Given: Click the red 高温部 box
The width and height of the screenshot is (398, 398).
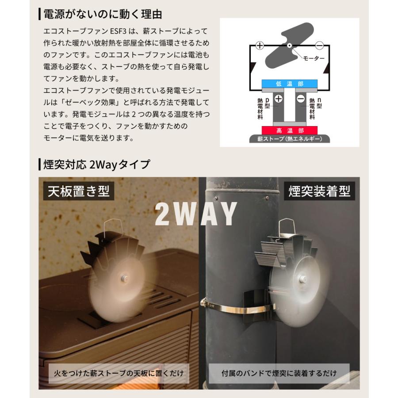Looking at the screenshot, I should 289,130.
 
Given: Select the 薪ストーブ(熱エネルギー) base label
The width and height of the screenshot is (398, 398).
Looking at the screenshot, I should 289,139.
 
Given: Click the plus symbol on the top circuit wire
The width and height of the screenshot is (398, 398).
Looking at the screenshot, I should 260,46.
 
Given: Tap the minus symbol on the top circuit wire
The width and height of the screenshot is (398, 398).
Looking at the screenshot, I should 319,46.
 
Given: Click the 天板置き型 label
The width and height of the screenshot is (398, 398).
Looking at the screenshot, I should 78,192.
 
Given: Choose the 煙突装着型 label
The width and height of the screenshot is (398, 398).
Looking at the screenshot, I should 319,192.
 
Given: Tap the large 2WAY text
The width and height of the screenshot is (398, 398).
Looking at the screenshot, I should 196,214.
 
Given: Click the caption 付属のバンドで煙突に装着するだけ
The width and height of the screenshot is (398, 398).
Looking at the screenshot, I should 279,373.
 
